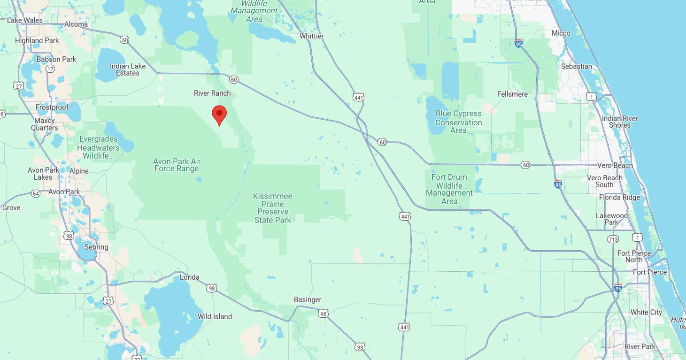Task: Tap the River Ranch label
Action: click(x=212, y=93)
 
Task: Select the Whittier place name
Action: click(x=311, y=36)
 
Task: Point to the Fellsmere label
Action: click(x=512, y=94)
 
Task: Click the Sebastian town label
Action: click(x=576, y=66)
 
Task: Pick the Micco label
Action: click(x=561, y=33)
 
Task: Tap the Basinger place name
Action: click(x=308, y=299)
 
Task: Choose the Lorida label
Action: click(x=190, y=277)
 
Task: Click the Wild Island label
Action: click(x=215, y=316)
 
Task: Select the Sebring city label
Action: click(x=96, y=247)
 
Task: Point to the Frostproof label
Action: click(x=52, y=107)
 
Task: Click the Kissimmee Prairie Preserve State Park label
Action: click(x=273, y=208)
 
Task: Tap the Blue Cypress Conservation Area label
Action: click(x=458, y=122)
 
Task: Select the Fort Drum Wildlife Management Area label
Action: click(x=449, y=189)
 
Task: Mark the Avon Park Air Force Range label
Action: click(x=177, y=165)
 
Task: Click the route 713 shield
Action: click(x=613, y=239)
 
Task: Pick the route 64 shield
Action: click(x=36, y=193)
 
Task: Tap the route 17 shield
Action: click(x=50, y=69)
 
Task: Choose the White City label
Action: click(x=646, y=312)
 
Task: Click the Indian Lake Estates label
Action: click(x=128, y=69)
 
